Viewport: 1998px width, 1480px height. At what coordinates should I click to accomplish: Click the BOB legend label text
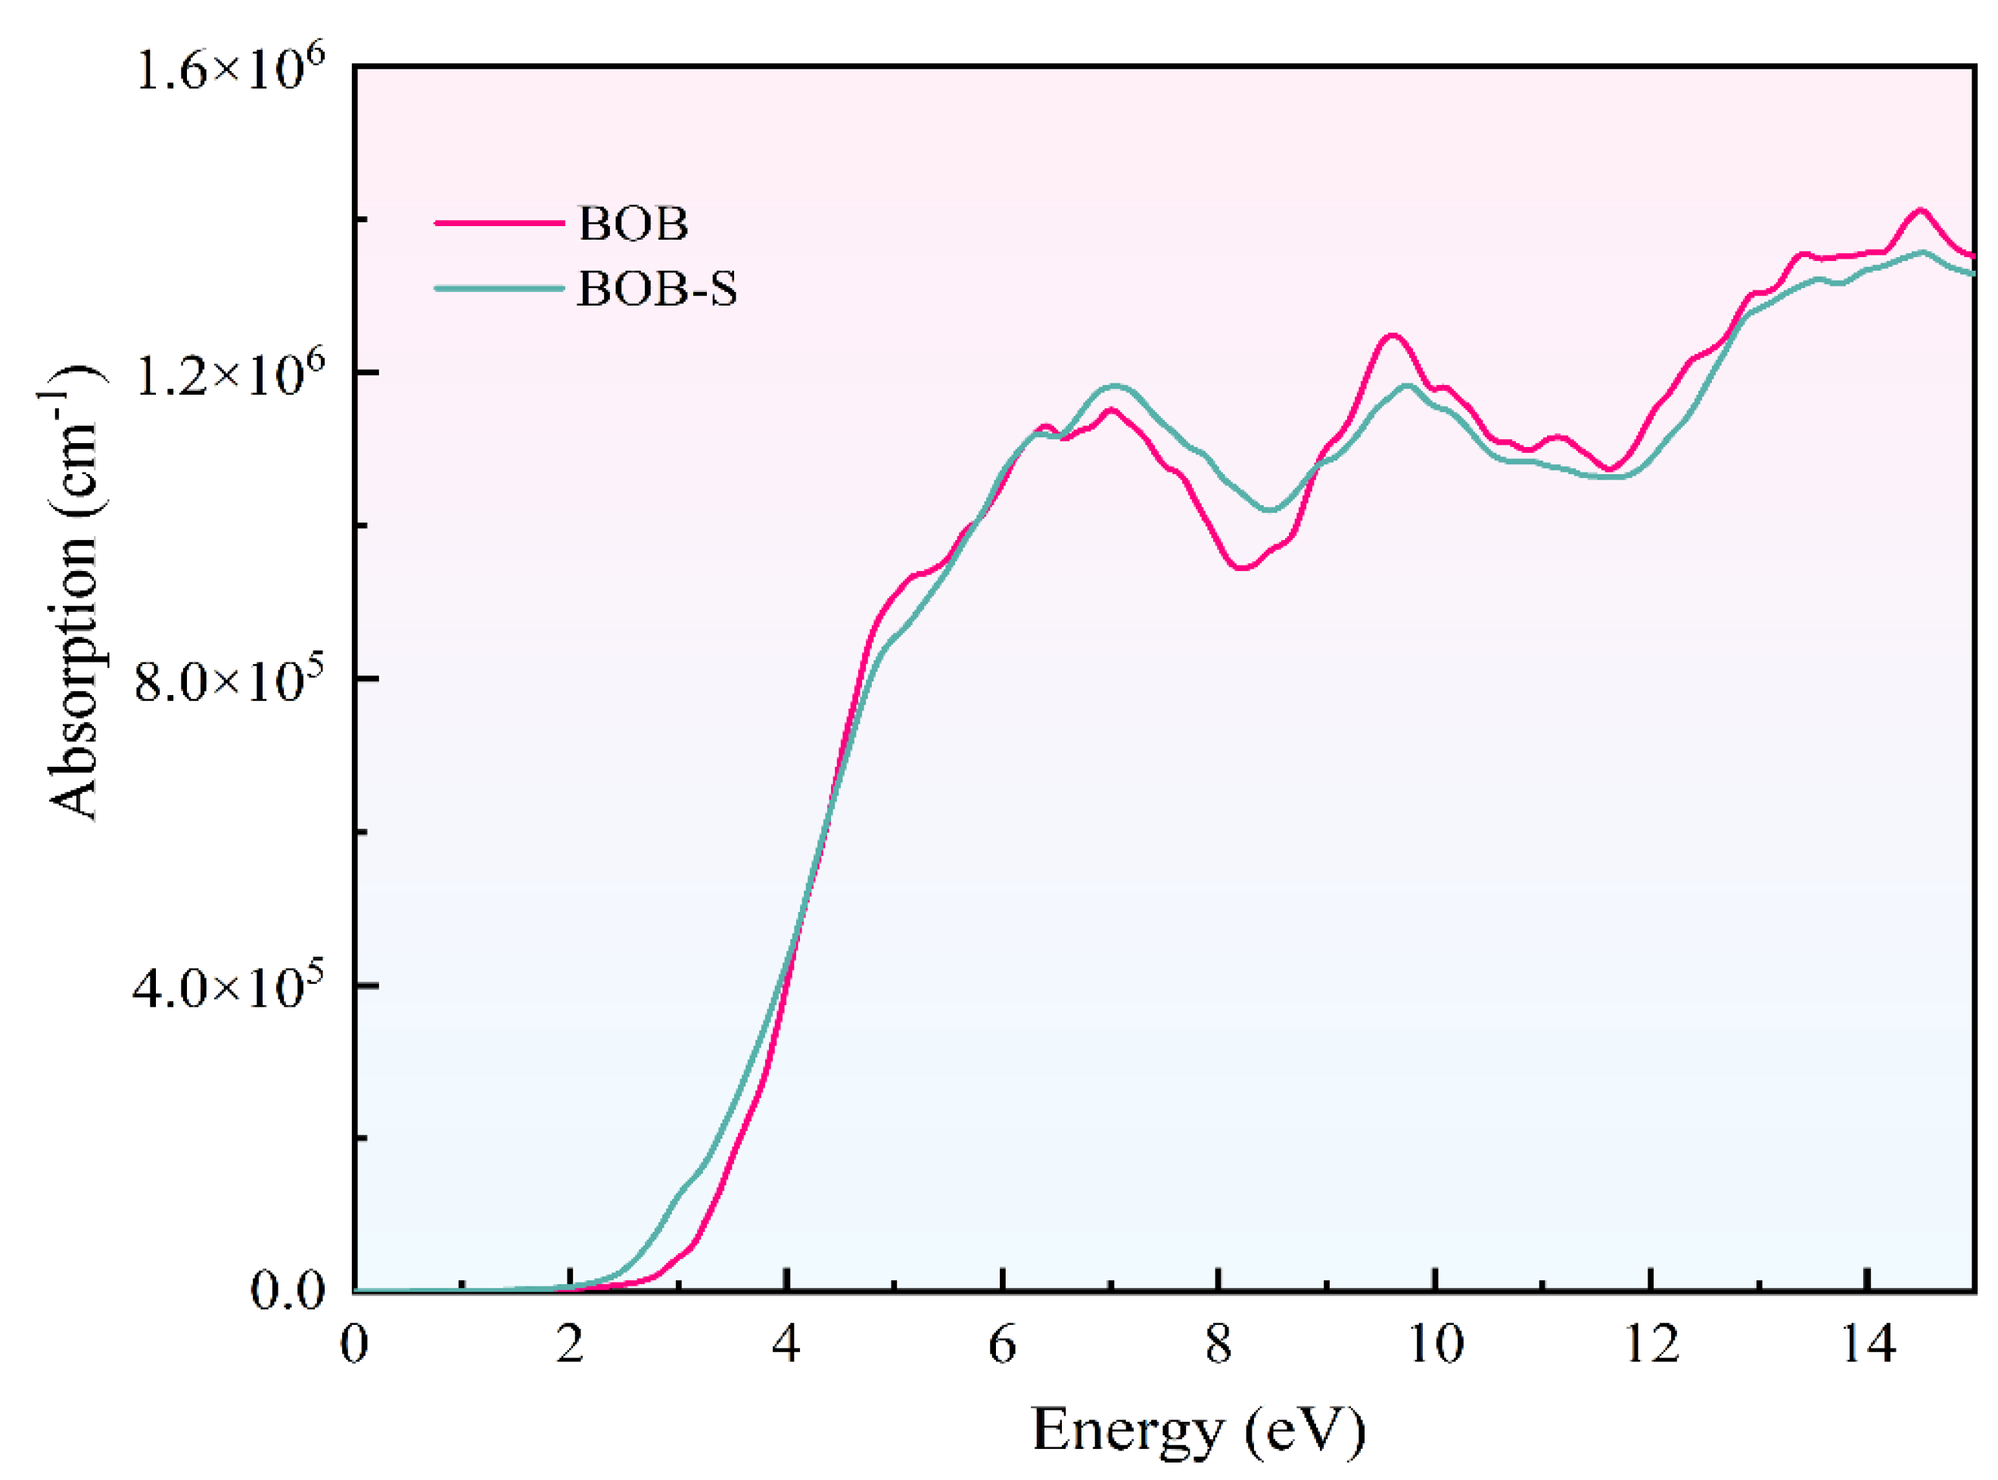pyautogui.click(x=633, y=224)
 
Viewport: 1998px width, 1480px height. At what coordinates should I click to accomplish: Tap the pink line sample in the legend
pyautogui.click(x=499, y=222)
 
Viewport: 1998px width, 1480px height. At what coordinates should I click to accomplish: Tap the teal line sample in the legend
pyautogui.click(x=499, y=288)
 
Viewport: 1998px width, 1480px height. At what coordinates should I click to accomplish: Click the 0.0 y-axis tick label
pyautogui.click(x=287, y=1291)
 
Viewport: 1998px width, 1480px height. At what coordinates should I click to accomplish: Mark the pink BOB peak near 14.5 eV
pyautogui.click(x=1919, y=210)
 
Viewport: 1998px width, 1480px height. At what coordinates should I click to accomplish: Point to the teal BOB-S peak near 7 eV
pyautogui.click(x=1115, y=386)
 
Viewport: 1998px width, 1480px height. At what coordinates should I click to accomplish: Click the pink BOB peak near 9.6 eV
pyautogui.click(x=1391, y=336)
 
